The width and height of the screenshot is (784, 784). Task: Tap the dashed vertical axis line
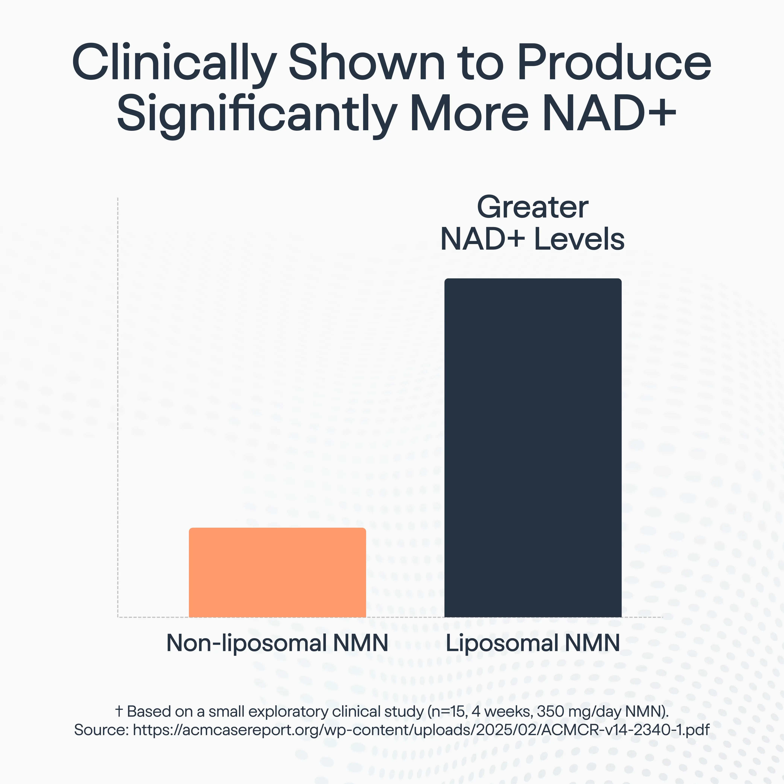point(118,406)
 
